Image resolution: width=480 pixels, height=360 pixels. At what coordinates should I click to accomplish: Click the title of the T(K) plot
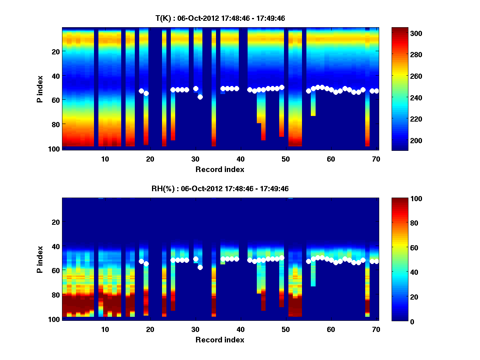pyautogui.click(x=220, y=18)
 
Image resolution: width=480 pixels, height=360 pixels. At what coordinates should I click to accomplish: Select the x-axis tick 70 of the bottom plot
pyautogui.click(x=376, y=329)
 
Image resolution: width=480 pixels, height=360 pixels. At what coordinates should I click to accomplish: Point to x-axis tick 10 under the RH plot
pyautogui.click(x=105, y=329)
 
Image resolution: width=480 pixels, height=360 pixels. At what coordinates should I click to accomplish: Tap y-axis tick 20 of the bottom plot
pyautogui.click(x=55, y=222)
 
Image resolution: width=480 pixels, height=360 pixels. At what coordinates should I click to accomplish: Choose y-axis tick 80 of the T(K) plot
pyautogui.click(x=55, y=124)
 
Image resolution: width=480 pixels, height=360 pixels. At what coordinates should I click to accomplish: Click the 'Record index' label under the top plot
pyautogui.click(x=220, y=169)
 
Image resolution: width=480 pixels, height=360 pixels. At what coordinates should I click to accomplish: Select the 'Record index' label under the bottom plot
pyautogui.click(x=220, y=340)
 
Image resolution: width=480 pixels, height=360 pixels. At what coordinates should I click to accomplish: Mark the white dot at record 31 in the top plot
pyautogui.click(x=200, y=97)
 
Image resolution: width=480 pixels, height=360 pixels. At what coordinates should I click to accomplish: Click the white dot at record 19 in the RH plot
pyautogui.click(x=146, y=264)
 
